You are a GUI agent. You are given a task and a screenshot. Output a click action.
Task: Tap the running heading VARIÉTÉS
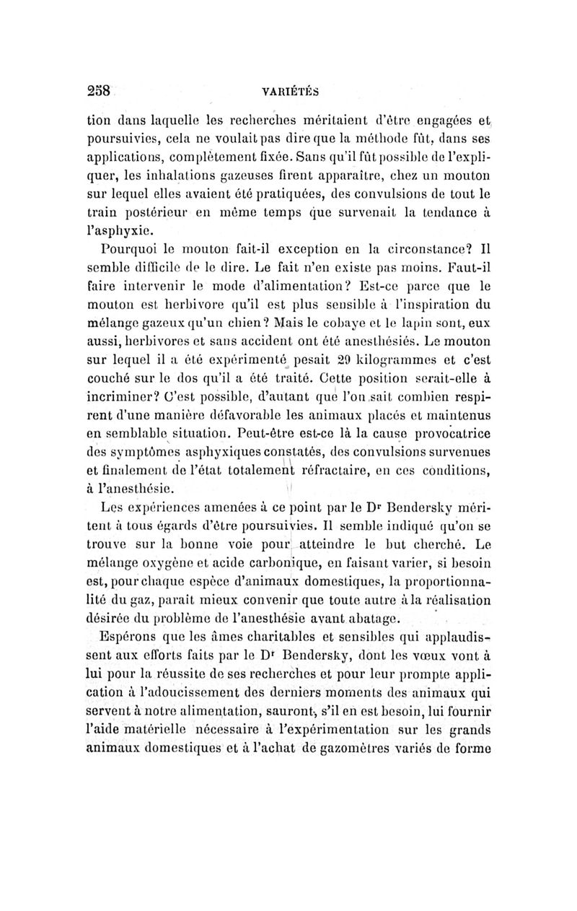(288, 92)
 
